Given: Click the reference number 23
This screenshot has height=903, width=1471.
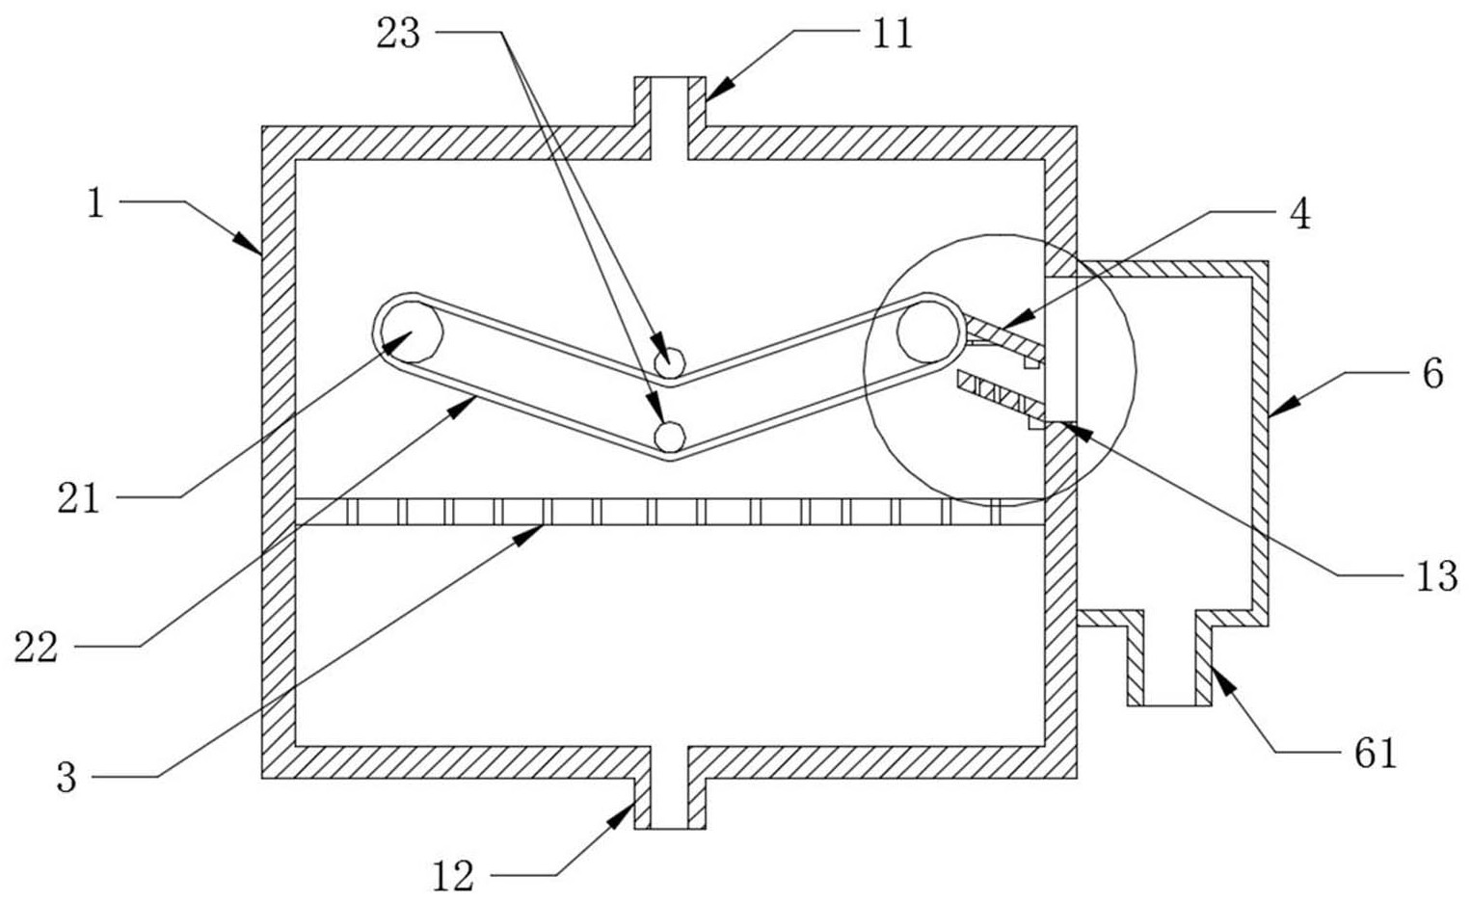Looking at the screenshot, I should pyautogui.click(x=398, y=34).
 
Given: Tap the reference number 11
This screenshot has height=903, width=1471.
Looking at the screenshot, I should pyautogui.click(x=892, y=34).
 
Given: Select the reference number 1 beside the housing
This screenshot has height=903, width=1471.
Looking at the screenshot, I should pyautogui.click(x=94, y=203).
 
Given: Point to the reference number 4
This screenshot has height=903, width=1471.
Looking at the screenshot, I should pyautogui.click(x=1300, y=214).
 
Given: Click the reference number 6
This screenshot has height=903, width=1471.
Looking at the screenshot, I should pyautogui.click(x=1432, y=373).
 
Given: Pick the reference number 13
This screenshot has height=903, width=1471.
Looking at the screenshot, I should pyautogui.click(x=1436, y=576).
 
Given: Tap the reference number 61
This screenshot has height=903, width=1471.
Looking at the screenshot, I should pyautogui.click(x=1376, y=753).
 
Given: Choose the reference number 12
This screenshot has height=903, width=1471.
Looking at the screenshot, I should pyautogui.click(x=452, y=876).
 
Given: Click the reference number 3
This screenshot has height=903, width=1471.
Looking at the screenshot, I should pyautogui.click(x=66, y=777).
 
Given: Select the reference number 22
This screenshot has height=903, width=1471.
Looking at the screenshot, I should pyautogui.click(x=36, y=648).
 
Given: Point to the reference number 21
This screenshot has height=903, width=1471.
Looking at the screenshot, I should pyautogui.click(x=78, y=498).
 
